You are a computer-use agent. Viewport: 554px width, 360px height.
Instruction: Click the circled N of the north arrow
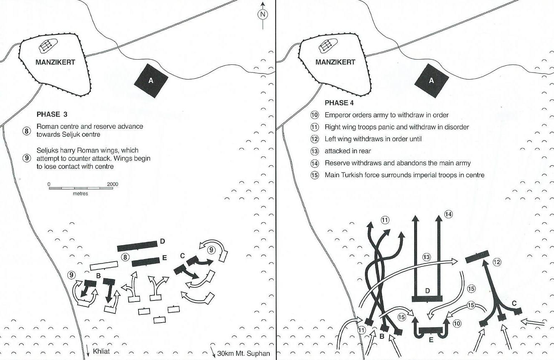pos(263,14)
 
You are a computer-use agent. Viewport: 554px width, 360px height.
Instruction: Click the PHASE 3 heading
pos(52,114)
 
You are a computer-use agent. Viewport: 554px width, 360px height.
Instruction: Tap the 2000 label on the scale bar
pos(112,184)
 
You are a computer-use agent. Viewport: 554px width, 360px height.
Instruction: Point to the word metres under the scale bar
pos(80,194)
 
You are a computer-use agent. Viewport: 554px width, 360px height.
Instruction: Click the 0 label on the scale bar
pos(49,184)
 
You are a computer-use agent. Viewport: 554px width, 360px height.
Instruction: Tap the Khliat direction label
pos(101,351)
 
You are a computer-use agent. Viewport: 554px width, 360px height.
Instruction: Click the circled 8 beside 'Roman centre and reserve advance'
pos(27,131)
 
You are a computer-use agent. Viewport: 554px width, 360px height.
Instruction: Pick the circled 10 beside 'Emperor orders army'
pos(314,115)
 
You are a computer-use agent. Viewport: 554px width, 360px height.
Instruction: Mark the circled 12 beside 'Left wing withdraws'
pos(314,139)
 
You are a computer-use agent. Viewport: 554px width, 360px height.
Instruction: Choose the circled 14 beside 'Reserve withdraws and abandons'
pos(314,163)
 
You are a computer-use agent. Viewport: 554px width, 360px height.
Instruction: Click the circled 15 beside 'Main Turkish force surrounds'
pos(314,175)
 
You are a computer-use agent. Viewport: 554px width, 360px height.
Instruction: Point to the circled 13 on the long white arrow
pos(427,257)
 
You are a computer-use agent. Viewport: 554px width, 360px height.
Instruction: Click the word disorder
pos(456,127)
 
